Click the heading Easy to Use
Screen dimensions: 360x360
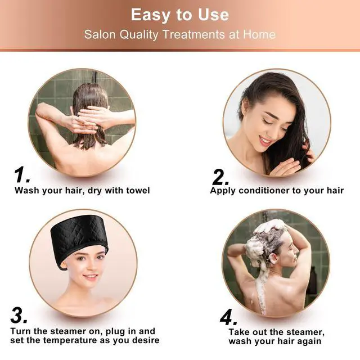(180, 14)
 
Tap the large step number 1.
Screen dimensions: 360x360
(22, 175)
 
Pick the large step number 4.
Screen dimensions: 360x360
(228, 318)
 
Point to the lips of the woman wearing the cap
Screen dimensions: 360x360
(89, 277)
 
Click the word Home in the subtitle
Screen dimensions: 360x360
(259, 34)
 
